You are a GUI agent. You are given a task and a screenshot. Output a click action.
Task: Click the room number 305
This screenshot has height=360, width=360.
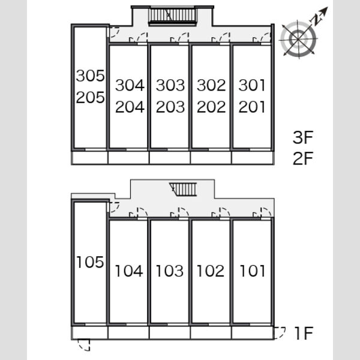tap(90, 76)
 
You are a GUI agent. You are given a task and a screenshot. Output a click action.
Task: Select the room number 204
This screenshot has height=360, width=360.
tap(130, 107)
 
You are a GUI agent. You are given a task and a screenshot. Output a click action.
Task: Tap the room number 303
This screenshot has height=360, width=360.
tap(170, 85)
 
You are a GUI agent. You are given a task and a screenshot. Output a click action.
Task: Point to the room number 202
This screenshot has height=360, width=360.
tap(211, 107)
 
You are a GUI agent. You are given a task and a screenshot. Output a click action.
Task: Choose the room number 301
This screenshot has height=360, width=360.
tap(252, 85)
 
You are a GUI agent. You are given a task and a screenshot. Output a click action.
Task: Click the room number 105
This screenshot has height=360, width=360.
tap(90, 262)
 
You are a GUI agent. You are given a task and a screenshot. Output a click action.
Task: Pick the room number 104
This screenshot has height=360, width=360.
tap(129, 271)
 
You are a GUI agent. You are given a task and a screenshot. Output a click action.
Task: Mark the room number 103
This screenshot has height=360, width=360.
tap(170, 271)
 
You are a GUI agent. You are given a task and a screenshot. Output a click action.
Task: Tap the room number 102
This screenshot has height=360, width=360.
tap(211, 271)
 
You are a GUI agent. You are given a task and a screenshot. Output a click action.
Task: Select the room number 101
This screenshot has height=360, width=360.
tap(253, 271)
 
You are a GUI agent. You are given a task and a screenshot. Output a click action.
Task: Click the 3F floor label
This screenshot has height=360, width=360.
tap(303, 137)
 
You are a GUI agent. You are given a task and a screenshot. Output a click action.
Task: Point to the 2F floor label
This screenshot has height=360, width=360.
tap(303, 158)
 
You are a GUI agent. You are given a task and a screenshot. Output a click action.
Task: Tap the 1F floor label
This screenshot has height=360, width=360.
tap(304, 334)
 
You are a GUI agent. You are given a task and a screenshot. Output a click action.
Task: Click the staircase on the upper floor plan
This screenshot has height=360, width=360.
tap(172, 16)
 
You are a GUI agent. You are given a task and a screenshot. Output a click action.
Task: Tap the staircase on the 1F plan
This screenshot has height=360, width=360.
tap(184, 190)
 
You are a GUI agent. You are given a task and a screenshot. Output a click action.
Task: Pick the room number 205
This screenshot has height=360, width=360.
tap(90, 97)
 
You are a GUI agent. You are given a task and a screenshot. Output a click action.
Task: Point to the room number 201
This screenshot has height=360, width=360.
tap(252, 107)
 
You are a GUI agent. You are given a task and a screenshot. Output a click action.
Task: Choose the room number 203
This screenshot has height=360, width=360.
tap(170, 107)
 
